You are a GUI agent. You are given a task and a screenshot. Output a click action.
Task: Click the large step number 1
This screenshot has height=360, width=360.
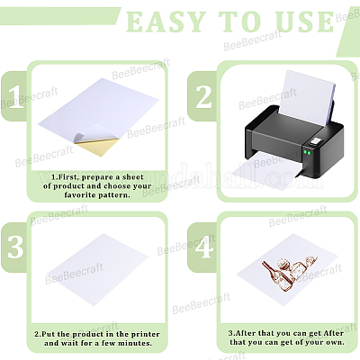pos(15,97)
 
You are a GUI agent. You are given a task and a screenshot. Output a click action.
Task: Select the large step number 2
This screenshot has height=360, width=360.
pos(203,96)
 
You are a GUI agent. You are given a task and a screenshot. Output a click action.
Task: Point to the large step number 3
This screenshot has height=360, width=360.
pos(15,247)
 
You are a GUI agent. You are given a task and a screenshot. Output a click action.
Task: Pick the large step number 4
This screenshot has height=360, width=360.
pos(205,247)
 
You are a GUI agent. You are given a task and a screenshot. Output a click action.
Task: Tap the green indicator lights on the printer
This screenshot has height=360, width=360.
pos(307,152)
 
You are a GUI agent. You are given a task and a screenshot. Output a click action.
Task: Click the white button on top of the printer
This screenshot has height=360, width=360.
pos(316,141)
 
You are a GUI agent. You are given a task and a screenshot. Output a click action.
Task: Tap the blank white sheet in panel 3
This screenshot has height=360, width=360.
pos(98,269)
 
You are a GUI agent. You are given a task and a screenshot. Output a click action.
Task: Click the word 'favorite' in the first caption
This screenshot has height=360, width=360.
pos(79,195)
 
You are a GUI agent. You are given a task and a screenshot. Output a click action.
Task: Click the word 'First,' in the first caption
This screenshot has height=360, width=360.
pos(68,177)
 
